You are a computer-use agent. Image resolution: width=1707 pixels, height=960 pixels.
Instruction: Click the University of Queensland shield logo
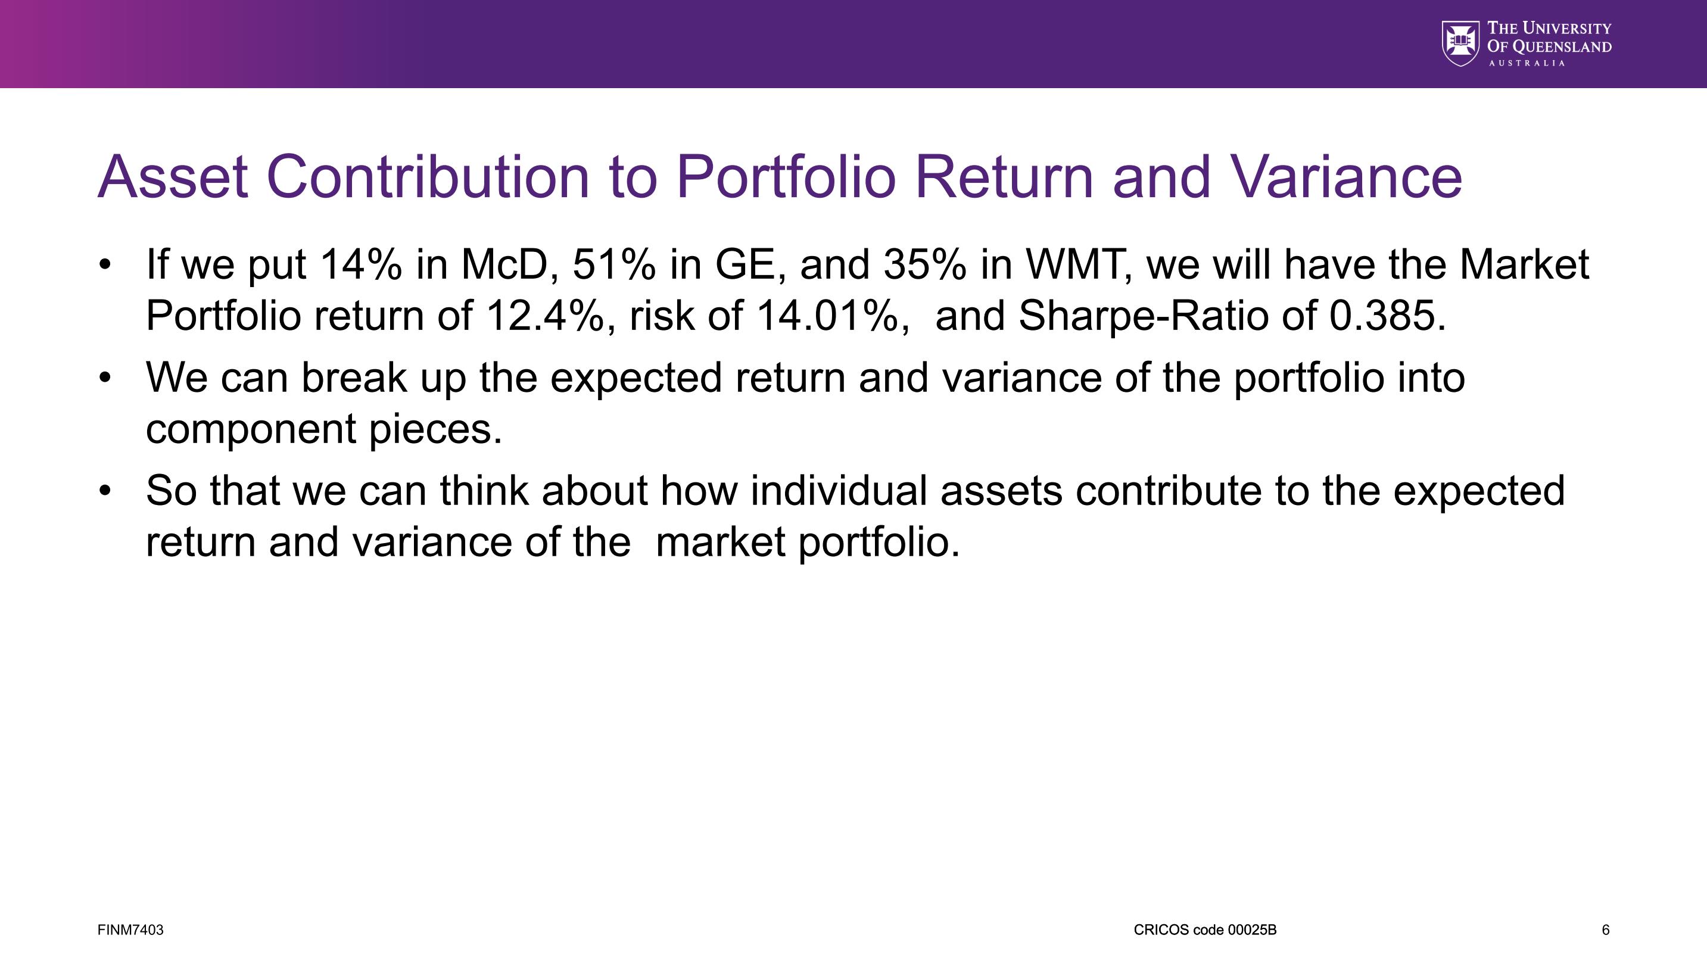tap(1460, 43)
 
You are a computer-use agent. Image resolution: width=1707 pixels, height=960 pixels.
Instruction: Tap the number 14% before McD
tap(360, 264)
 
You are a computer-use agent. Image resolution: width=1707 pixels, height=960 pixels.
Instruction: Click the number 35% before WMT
tap(925, 264)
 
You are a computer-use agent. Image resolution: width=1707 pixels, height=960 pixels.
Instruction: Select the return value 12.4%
tap(546, 316)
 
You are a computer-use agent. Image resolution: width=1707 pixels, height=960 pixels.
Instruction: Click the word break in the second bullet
tap(354, 377)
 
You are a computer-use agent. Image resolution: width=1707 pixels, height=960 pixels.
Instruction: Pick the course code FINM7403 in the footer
tap(130, 930)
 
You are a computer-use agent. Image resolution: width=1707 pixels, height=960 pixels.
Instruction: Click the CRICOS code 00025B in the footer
tap(1205, 930)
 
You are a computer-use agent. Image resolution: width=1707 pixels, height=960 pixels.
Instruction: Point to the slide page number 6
tap(1606, 930)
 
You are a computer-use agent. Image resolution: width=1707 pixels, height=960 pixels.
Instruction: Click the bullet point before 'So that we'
tap(105, 491)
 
